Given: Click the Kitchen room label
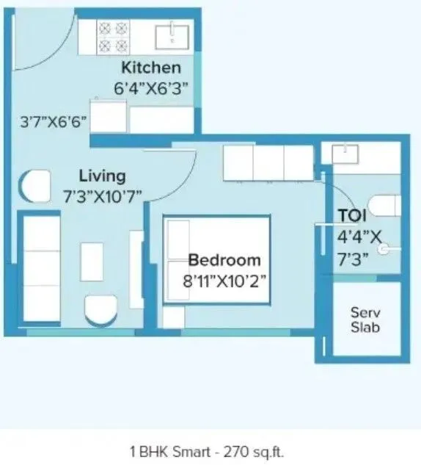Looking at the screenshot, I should coord(150,68).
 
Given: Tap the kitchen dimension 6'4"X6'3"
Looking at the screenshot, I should coord(151,87).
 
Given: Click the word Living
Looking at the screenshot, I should coord(102,176).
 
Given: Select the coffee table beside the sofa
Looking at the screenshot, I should coord(92,262).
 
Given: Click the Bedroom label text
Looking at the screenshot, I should coord(224,260).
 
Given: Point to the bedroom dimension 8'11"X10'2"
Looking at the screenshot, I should coord(224,279).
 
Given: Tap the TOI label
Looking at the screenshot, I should coord(352,216).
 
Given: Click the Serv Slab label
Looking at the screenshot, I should coord(365,319).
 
